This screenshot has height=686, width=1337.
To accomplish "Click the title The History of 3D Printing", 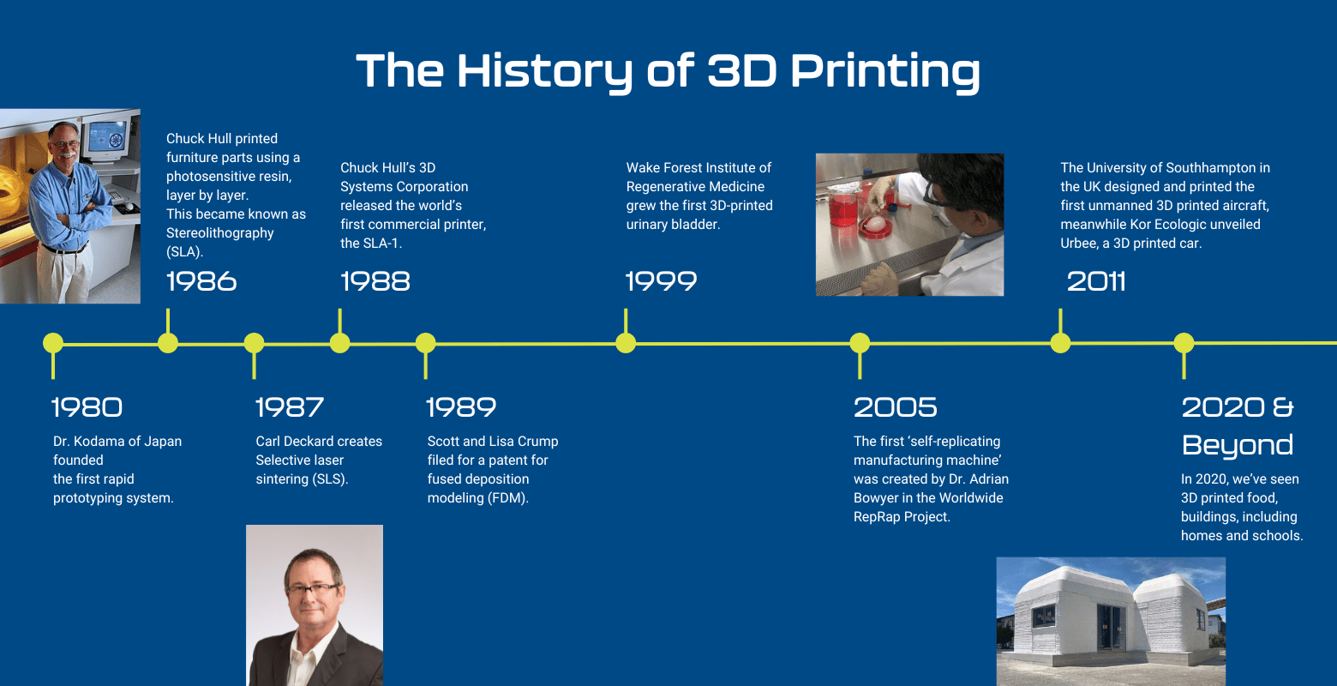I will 668,70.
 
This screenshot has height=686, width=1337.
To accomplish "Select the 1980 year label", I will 87,407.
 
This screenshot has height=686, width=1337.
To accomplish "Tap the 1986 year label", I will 201,281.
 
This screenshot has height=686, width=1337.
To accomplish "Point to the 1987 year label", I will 290,407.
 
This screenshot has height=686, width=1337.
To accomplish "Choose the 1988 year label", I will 375,281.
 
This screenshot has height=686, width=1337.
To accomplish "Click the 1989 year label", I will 461,407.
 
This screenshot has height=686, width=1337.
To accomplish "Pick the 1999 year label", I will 661,281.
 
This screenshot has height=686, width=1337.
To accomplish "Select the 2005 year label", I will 895,407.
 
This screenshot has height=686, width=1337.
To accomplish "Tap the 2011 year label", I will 1096,281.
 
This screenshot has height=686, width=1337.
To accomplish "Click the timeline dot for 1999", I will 626,343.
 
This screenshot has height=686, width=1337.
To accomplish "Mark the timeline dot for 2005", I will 860,343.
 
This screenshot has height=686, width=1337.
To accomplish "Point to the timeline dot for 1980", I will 53,343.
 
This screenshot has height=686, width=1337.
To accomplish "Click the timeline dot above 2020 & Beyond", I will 1184,343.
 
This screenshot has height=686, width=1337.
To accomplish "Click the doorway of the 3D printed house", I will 1112,630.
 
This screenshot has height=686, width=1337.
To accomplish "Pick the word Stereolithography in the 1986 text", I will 220,233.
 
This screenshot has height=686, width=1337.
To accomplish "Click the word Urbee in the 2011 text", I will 1079,244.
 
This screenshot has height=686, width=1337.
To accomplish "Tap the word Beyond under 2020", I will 1237,445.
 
